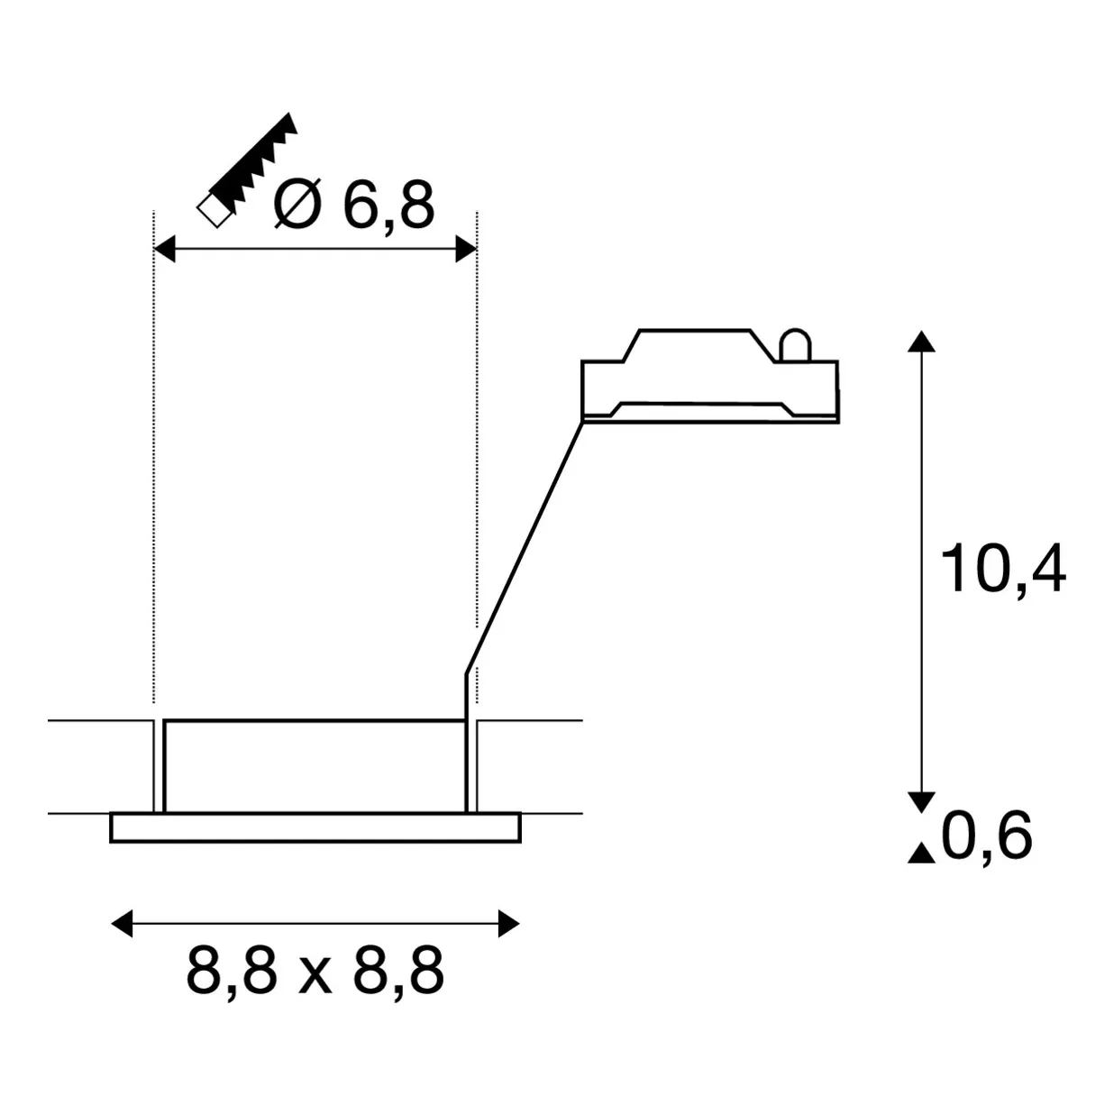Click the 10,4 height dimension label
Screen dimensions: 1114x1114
tap(1003, 569)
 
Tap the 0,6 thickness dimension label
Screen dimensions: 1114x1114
tap(987, 835)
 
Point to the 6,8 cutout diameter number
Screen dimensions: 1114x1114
tap(388, 205)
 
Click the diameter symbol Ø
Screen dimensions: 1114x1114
tap(297, 204)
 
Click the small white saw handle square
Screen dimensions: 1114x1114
tap(215, 209)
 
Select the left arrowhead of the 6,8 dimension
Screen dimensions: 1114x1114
tap(165, 249)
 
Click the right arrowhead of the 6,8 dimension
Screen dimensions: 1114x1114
tap(466, 249)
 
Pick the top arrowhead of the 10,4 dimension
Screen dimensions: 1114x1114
tap(921, 341)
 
